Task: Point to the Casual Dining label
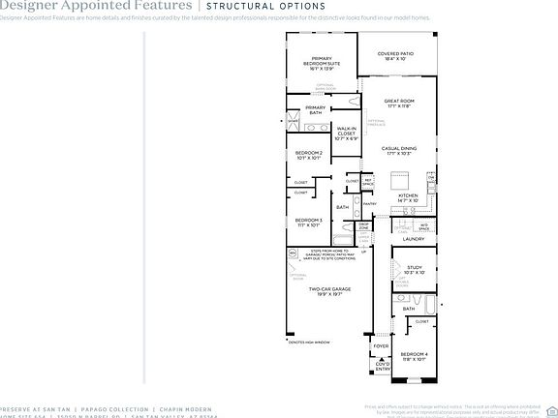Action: pos(399,151)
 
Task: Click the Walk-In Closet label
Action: pos(346,134)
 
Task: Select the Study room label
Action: pos(415,270)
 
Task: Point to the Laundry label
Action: pos(414,238)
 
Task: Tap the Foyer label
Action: pos(381,344)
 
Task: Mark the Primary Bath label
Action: pos(316,110)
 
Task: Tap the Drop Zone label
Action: pos(363,225)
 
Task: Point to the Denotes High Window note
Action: pos(309,341)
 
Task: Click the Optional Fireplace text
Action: pos(376,123)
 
